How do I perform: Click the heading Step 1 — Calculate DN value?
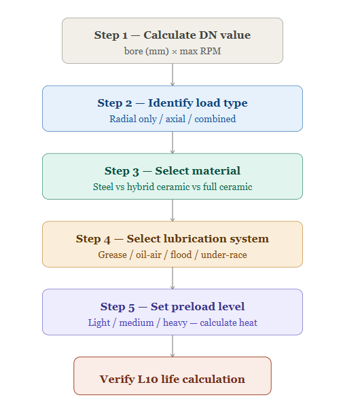(x=173, y=35)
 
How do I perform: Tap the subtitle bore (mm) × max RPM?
(x=173, y=51)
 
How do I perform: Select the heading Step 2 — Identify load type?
(x=173, y=103)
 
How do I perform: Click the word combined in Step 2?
(x=215, y=119)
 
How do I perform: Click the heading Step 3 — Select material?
(x=173, y=171)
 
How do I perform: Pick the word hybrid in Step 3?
(x=141, y=187)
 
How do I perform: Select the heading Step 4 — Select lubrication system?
(x=173, y=239)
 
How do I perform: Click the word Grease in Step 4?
(x=112, y=255)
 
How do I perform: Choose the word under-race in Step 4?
(x=224, y=255)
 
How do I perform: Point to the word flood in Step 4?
(x=181, y=255)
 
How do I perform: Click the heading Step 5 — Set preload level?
(x=173, y=307)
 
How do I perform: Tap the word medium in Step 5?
(x=137, y=323)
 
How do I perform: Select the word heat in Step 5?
(x=248, y=323)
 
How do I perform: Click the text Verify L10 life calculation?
(x=173, y=380)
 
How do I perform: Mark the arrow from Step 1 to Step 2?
(x=173, y=75)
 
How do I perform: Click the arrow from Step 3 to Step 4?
(x=173, y=210)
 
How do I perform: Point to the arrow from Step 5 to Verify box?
(x=173, y=346)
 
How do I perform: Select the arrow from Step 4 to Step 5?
(x=173, y=278)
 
